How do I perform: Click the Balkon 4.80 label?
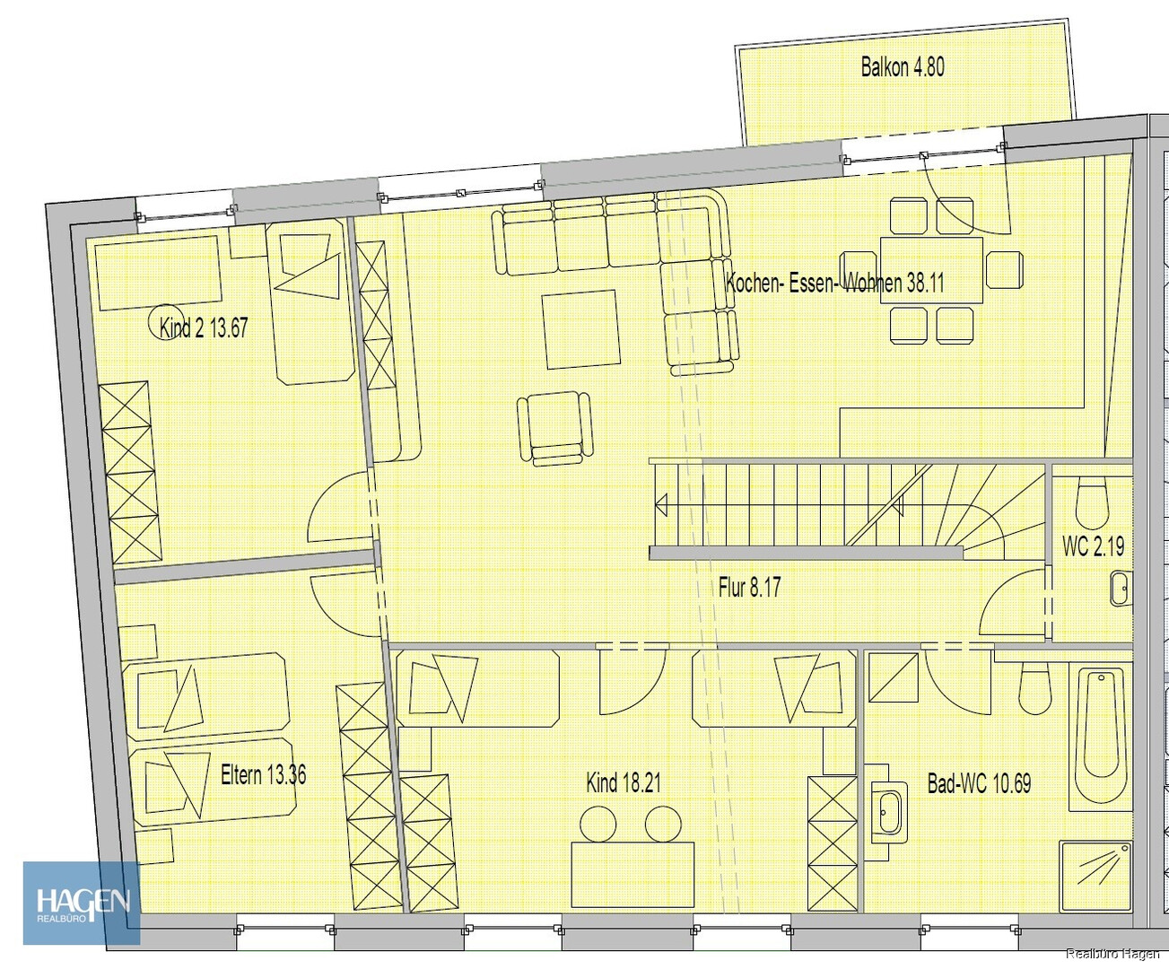point(903,67)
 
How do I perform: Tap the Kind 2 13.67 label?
point(204,327)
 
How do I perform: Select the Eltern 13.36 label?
point(264,775)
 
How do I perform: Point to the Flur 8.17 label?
point(749,588)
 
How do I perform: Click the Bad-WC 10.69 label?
point(979,783)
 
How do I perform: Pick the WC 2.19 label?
point(1094,546)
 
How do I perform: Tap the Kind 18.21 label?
point(624,782)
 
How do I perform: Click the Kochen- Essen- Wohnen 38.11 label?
point(834,283)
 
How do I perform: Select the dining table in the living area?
point(931,270)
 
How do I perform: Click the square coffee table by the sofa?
point(581,329)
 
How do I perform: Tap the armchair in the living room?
point(554,428)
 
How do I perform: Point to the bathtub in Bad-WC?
point(1101,740)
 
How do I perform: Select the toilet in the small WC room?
point(1093,500)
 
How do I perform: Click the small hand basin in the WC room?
point(1121,589)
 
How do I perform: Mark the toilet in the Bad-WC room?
point(1035,688)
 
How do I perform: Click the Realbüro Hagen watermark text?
point(1113,954)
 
